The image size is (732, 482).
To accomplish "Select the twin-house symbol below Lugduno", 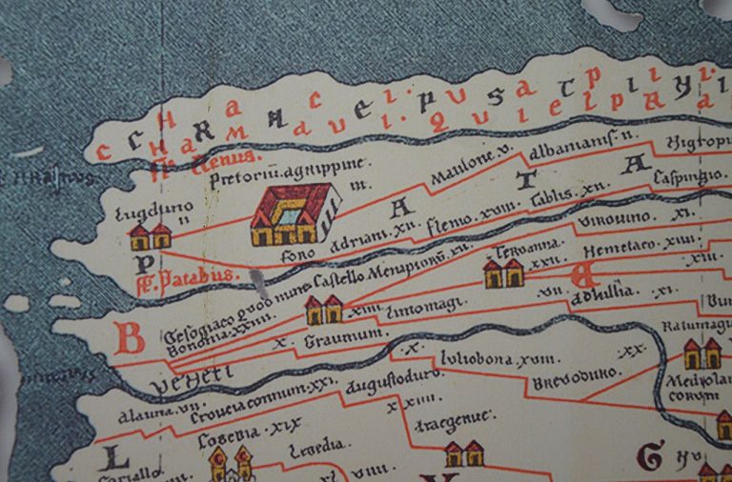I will coord(150,235).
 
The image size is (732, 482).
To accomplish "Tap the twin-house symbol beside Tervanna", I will coord(503,273).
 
